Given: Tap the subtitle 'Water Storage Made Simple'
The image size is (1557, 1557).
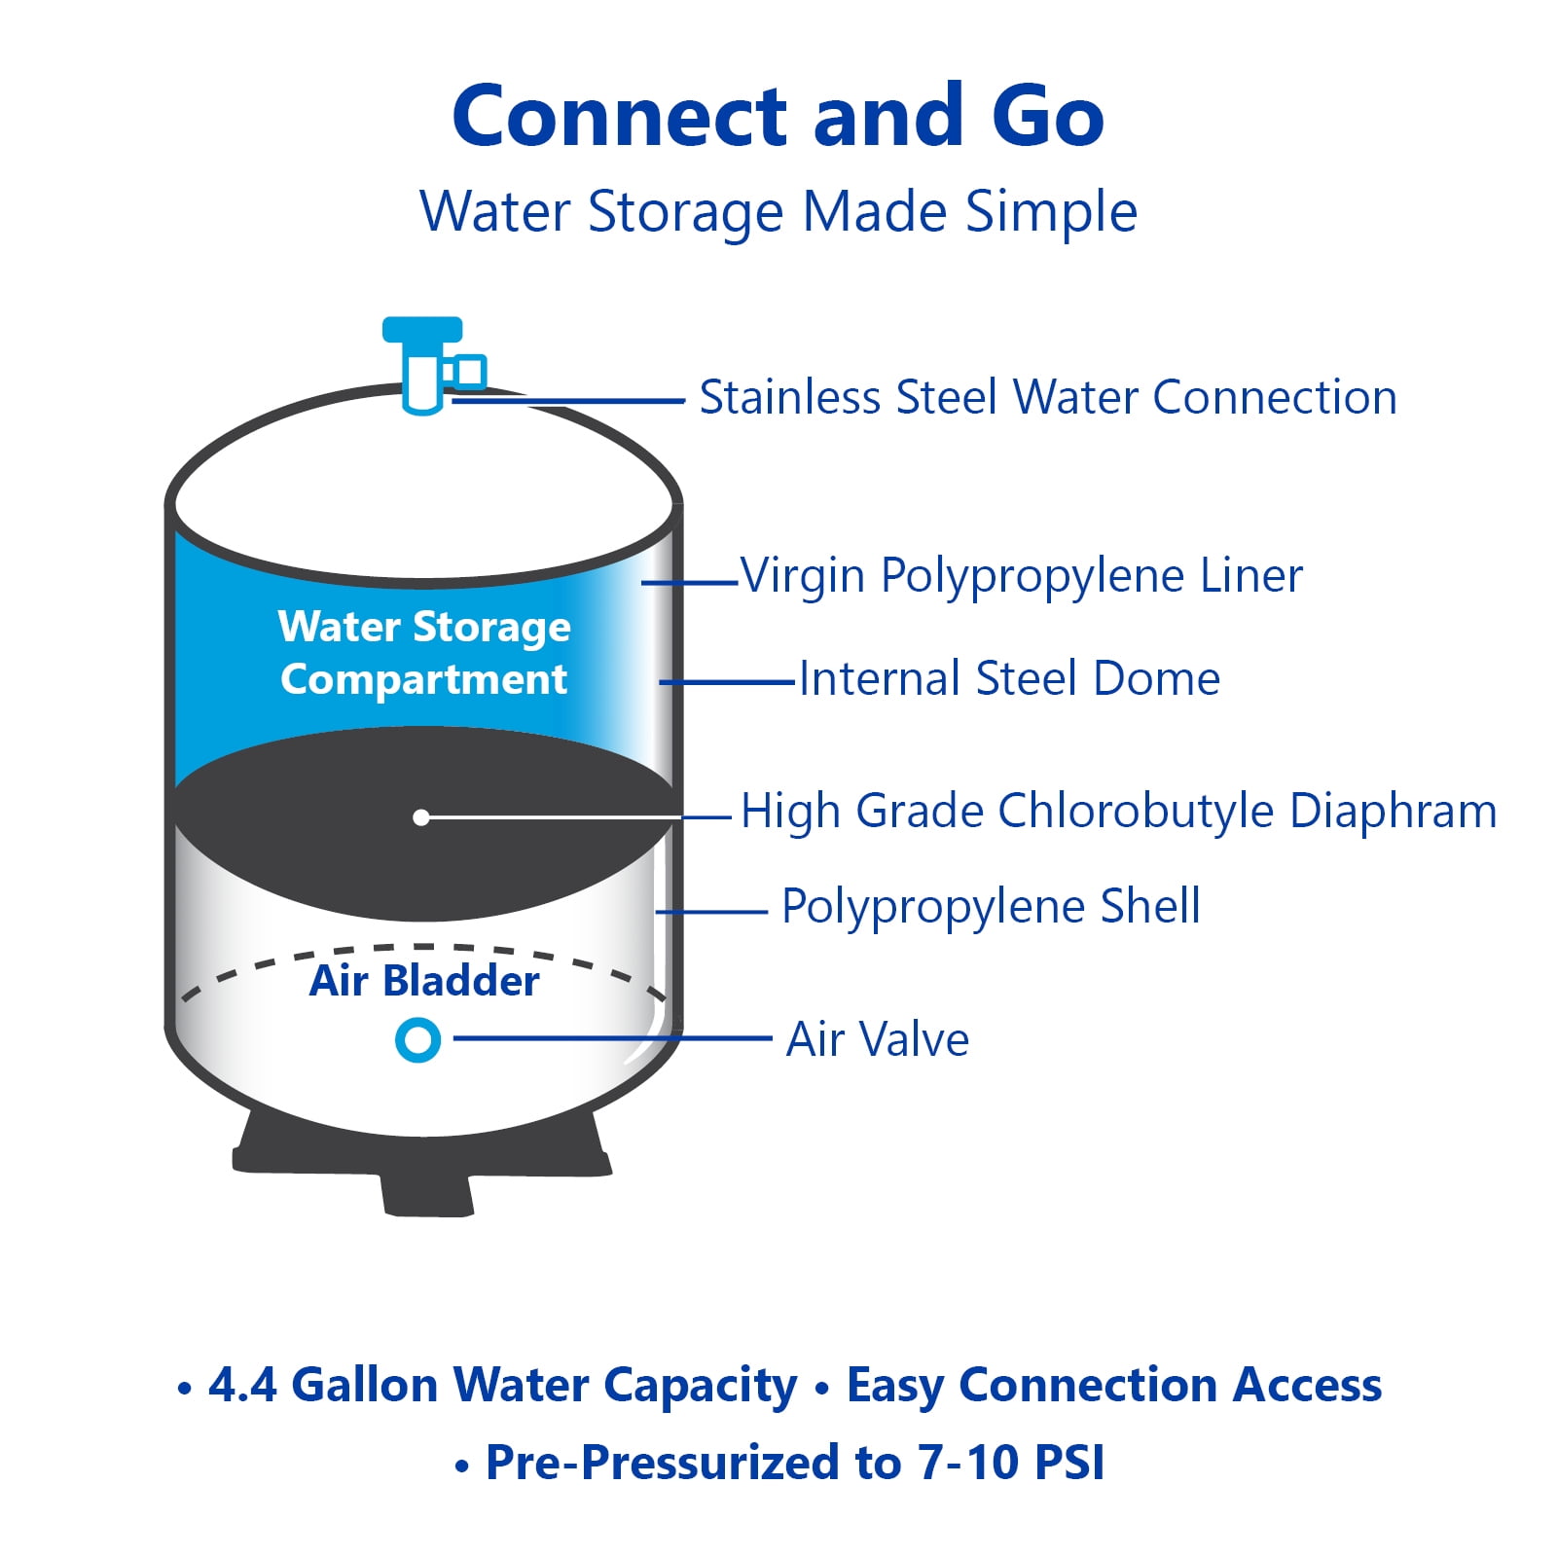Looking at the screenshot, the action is tap(778, 212).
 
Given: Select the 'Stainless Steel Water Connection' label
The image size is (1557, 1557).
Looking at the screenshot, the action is tap(1048, 397).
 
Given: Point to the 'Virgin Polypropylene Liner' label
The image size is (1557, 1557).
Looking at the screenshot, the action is tap(1022, 576).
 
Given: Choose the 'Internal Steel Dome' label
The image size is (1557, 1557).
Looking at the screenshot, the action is tap(1009, 678).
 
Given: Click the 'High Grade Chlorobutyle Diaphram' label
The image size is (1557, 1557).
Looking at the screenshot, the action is tap(1119, 811).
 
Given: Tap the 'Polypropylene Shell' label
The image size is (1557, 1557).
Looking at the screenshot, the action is tap(991, 907).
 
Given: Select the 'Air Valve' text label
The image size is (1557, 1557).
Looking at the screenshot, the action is tap(878, 1039).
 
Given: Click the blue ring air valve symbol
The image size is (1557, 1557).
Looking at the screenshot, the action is tap(417, 1040).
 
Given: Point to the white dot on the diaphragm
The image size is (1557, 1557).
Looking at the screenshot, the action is tap(420, 817).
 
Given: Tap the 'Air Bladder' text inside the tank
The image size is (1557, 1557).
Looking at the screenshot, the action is tap(424, 980).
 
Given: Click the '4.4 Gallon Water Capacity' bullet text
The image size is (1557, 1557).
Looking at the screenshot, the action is tap(503, 1386).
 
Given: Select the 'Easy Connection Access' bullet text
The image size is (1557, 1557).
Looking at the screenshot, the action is tap(1114, 1386).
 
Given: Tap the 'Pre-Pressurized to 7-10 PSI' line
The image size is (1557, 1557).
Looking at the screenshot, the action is tap(795, 1463).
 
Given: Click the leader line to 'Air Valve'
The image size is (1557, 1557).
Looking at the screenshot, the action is tap(613, 1038).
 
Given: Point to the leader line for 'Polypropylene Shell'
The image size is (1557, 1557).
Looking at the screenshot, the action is tap(712, 912).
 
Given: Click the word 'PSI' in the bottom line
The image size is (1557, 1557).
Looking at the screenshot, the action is tap(1069, 1463).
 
